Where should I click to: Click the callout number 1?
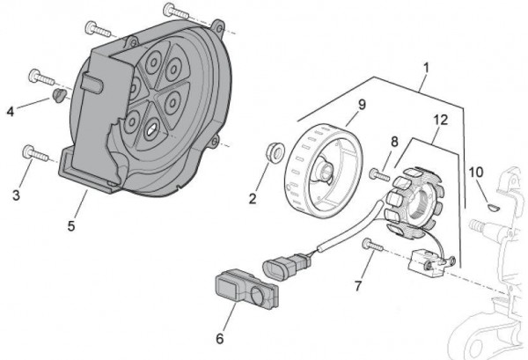point(426,67)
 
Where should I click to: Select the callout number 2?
point(253,198)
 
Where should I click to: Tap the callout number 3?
point(15,195)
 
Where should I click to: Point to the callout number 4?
point(11,112)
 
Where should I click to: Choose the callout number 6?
point(221,337)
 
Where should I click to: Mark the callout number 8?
point(394,141)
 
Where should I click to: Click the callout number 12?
point(443,120)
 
